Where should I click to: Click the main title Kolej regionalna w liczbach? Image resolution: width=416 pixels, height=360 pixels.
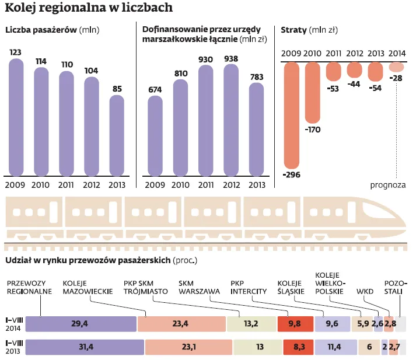[88, 8]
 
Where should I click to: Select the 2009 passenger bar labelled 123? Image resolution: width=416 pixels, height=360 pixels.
[16, 117]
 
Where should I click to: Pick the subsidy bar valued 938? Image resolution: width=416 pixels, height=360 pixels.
[231, 119]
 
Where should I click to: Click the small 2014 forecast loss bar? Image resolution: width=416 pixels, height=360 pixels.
[397, 67]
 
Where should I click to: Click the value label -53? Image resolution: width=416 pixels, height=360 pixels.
[334, 88]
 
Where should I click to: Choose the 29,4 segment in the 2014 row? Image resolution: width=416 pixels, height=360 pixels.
[81, 324]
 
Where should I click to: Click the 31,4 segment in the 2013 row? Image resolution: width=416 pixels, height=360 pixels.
[85, 347]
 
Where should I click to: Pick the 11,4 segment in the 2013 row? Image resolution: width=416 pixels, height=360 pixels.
[335, 347]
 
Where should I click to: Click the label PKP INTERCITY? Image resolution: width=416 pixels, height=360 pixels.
[249, 286]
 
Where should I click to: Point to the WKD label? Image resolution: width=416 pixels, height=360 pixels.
[365, 290]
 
